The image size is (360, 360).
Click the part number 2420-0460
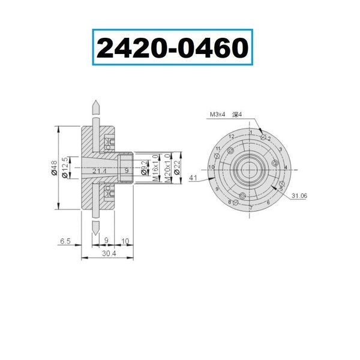(172, 49)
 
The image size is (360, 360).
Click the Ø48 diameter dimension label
(54, 170)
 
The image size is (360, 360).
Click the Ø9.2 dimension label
(143, 167)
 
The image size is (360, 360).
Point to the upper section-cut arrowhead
(95, 106)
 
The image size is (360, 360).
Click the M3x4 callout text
(218, 113)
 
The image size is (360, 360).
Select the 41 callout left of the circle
(193, 178)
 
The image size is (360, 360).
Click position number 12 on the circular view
(230, 137)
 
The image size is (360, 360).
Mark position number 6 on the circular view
(268, 202)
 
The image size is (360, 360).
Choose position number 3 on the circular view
(280, 149)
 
